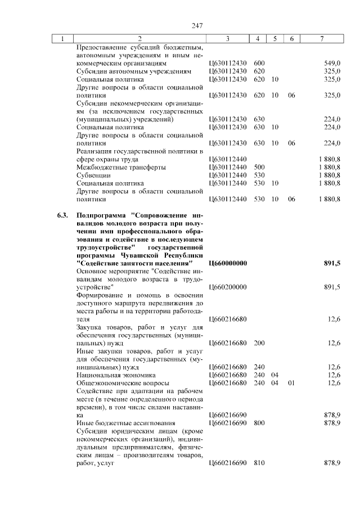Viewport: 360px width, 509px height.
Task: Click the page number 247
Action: [196, 25]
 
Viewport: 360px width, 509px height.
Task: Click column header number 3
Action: [227, 39]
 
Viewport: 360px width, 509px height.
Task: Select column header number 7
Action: [321, 39]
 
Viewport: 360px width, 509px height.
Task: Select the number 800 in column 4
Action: [259, 422]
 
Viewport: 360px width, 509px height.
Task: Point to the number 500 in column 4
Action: [259, 167]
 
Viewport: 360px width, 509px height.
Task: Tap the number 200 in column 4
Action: [259, 343]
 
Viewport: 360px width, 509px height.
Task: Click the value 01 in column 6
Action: [291, 382]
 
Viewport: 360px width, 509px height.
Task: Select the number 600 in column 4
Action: [259, 64]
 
